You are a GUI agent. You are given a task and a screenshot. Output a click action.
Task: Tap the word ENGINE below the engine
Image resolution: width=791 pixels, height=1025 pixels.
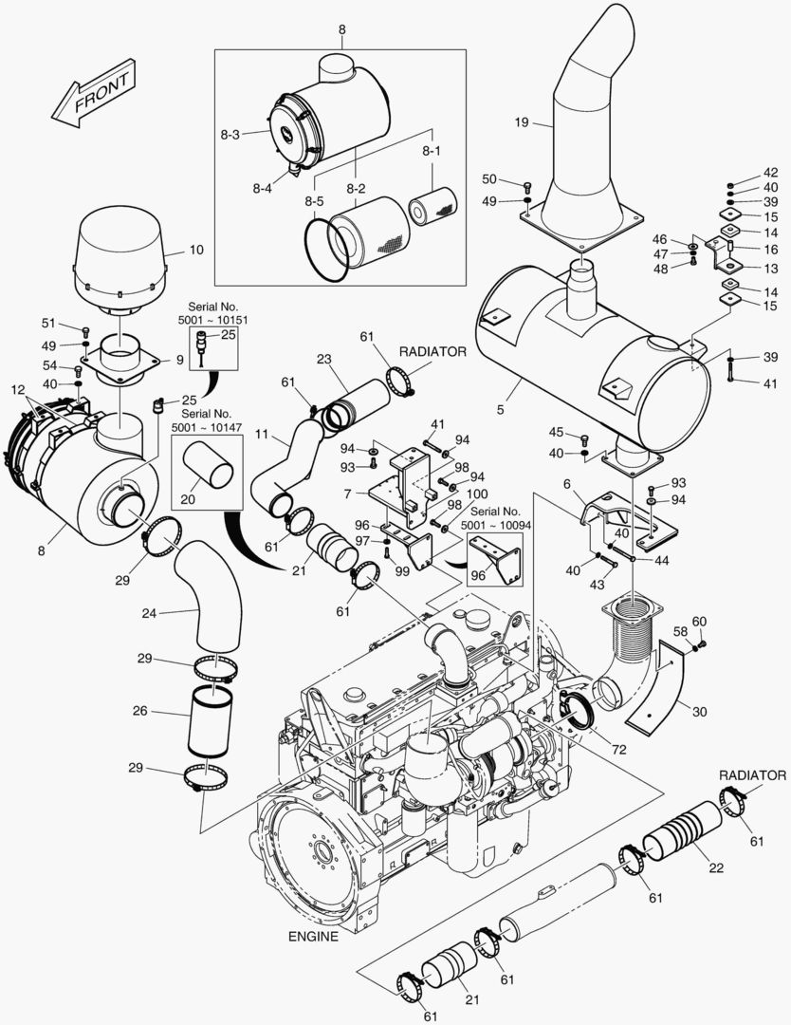click(312, 936)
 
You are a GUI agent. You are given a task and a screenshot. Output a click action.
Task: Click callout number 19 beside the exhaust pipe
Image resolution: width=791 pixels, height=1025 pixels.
click(522, 121)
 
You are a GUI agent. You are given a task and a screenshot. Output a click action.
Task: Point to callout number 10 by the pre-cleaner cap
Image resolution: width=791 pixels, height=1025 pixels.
click(195, 251)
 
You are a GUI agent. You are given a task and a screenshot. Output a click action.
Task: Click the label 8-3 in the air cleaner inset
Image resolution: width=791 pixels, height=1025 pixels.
click(230, 136)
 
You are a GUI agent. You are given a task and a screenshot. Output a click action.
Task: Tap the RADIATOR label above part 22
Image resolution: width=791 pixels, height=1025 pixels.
click(753, 775)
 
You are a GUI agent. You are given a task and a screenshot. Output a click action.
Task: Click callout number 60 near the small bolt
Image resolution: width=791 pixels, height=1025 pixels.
click(700, 621)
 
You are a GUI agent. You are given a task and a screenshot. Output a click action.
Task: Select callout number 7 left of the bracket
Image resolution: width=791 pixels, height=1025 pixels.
click(349, 494)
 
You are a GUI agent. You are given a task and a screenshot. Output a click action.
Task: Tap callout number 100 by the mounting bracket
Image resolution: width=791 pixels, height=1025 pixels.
click(477, 494)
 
